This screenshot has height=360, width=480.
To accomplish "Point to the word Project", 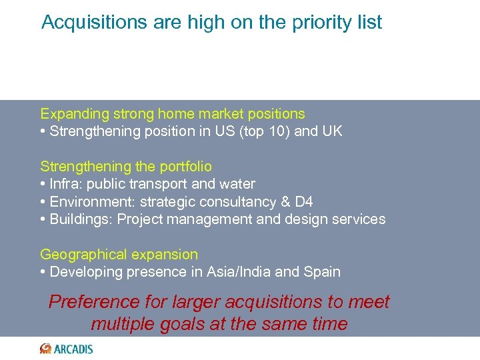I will (x=141, y=219).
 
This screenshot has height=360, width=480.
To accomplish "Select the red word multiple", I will (x=124, y=324).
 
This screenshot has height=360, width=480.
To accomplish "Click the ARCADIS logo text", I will (x=74, y=349).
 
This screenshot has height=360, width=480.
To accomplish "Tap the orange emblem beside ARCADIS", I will (x=46, y=349).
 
